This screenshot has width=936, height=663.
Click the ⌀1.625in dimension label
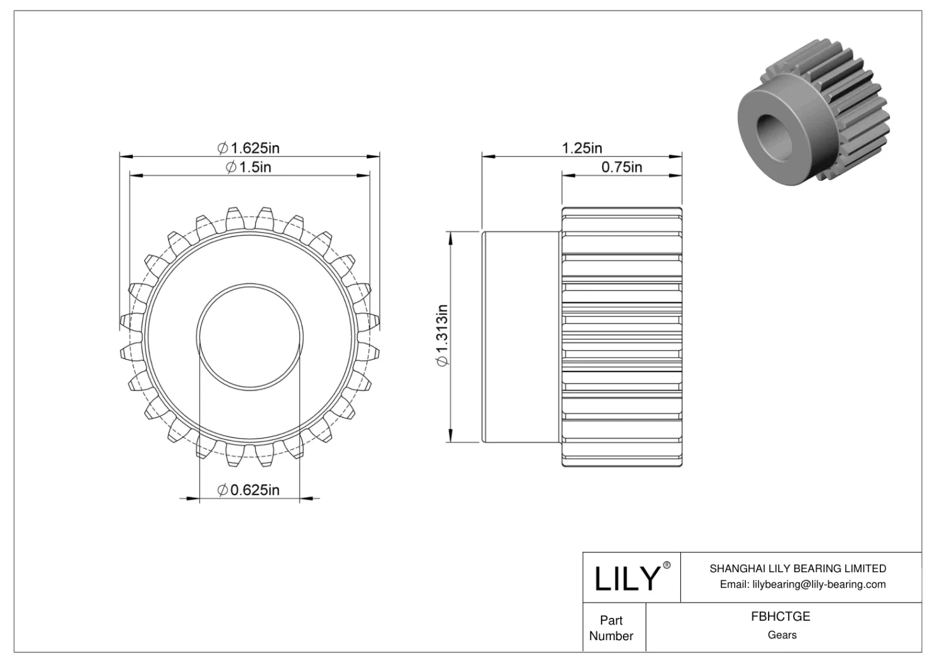(249, 148)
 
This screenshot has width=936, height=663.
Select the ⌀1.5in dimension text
(249, 168)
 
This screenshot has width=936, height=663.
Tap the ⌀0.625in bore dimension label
(249, 490)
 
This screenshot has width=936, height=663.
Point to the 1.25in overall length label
(581, 148)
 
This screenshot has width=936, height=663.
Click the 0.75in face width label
(621, 168)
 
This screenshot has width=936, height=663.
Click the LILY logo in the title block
(627, 578)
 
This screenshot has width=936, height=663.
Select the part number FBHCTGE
(781, 616)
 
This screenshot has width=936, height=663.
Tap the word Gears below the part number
(782, 635)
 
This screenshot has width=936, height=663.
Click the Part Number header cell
(611, 628)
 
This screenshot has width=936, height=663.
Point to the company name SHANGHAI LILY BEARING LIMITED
(797, 568)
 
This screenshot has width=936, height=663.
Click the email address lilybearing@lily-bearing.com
(802, 584)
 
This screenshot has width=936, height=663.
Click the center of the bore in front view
(250, 336)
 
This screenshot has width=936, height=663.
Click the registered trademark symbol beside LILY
(666, 566)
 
